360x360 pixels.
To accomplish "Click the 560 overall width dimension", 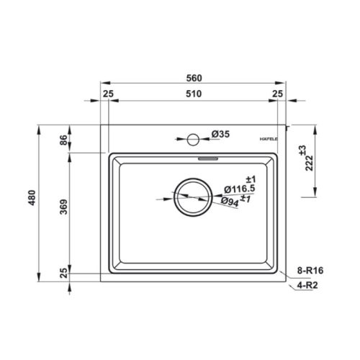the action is pyautogui.click(x=194, y=78).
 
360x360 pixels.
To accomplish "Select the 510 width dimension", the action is pyautogui.click(x=194, y=94).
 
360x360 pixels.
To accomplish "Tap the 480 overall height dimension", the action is pyautogui.click(x=32, y=198).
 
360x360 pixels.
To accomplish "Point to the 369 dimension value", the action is pyautogui.click(x=63, y=207).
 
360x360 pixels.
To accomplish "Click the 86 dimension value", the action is pyautogui.click(x=63, y=140).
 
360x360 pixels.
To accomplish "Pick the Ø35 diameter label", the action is pyautogui.click(x=220, y=134).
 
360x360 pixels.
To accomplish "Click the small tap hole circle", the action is pyautogui.click(x=193, y=140).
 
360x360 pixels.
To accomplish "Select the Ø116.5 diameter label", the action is pyautogui.click(x=240, y=189).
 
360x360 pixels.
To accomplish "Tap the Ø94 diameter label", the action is pyautogui.click(x=230, y=202).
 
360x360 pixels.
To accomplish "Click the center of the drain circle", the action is pyautogui.click(x=193, y=197).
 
